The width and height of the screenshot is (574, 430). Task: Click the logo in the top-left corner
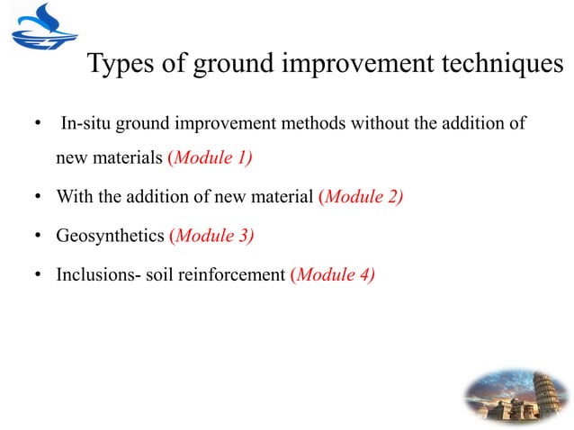coord(40,28)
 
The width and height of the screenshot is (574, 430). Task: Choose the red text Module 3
coord(211,237)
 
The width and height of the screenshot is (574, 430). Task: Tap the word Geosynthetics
coord(110,237)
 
